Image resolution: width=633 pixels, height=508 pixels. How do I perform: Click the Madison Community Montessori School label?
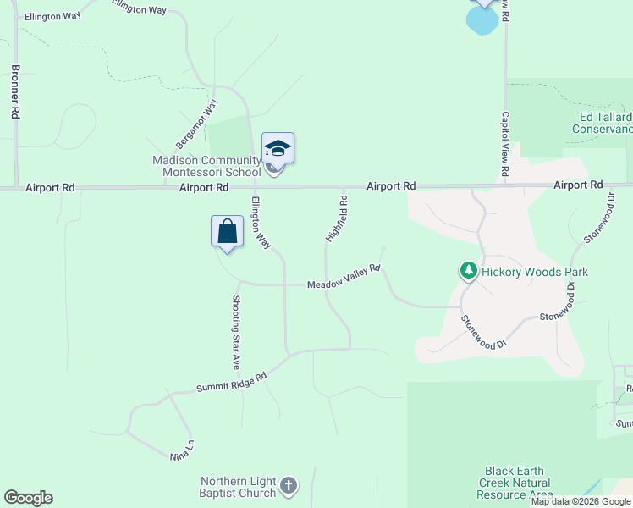point(206,166)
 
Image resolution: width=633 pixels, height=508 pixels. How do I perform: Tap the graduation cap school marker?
point(278,149)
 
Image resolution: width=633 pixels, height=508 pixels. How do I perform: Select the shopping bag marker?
point(227,231)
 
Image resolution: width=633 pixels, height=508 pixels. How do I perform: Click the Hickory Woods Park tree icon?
point(469,272)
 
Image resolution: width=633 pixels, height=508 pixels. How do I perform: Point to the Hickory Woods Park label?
point(534,272)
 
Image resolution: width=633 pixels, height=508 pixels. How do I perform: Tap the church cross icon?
point(289,485)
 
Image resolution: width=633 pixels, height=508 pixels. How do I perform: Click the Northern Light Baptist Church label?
point(226,485)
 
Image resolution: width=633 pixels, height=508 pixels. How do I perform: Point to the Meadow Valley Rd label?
point(344,278)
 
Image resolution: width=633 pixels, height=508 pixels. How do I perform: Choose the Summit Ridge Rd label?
point(231,382)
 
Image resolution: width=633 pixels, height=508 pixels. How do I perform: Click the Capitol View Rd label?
point(504,145)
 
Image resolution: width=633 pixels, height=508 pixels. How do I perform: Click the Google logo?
point(28,498)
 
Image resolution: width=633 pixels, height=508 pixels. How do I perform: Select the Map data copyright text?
point(581,501)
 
